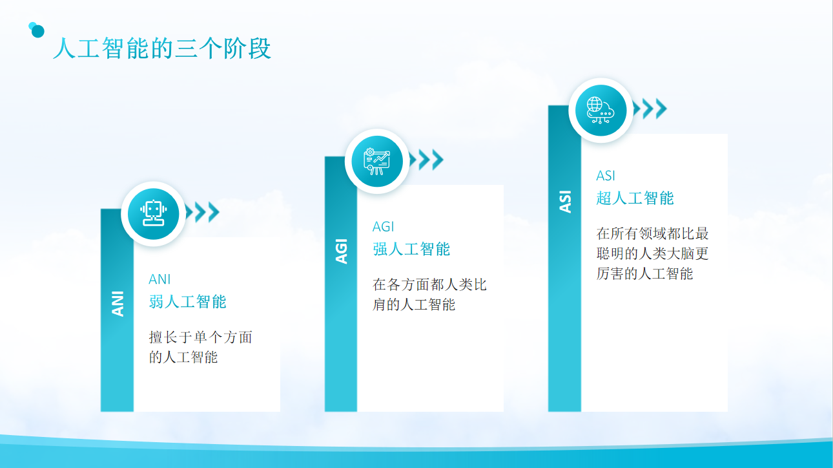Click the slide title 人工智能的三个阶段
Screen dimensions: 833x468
coord(162,48)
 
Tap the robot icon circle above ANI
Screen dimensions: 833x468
coord(153,214)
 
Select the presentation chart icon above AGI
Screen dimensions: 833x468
coord(377,161)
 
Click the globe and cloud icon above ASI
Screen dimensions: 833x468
coord(601,110)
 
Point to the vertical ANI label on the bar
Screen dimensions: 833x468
coord(118,304)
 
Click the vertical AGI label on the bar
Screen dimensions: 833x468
coord(342,251)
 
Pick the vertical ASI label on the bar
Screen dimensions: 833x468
coord(565,202)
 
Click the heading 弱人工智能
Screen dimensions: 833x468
coord(187,302)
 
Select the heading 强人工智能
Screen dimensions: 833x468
coord(411,249)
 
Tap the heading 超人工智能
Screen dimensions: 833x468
coord(635,198)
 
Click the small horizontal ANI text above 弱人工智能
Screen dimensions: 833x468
coord(159,279)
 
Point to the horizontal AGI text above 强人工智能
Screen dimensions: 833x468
coord(383,227)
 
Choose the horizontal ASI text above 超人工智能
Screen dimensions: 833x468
coord(606,176)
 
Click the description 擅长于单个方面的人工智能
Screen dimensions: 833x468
coord(200,347)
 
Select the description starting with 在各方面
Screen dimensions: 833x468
coord(429,295)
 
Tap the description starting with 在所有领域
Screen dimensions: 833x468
coord(653,253)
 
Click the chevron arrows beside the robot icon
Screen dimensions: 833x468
coord(203,212)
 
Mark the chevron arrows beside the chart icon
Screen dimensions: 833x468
coord(427,160)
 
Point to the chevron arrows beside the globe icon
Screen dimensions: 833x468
coord(650,109)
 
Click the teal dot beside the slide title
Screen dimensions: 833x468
coord(37,30)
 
